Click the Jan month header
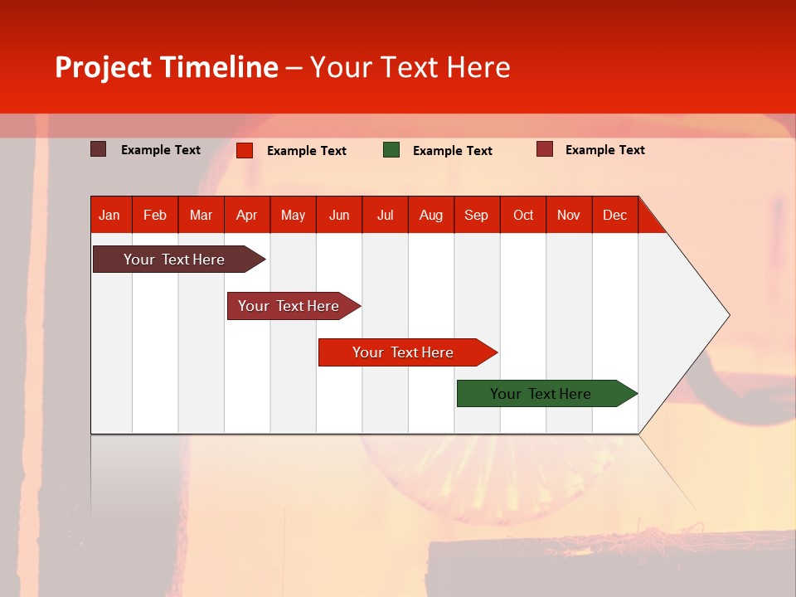click(x=109, y=215)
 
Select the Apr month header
click(x=246, y=215)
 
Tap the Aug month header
click(x=430, y=215)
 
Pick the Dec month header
click(x=614, y=215)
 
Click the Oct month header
click(x=522, y=215)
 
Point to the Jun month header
click(x=338, y=215)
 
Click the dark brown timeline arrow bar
click(x=174, y=260)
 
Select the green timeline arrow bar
click(x=541, y=394)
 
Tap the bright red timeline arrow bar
click(x=403, y=352)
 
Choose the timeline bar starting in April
click(x=289, y=306)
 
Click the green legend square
click(x=391, y=150)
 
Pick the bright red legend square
click(x=245, y=150)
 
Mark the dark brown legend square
click(x=98, y=149)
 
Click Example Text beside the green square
click(x=452, y=151)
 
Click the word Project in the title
click(x=104, y=67)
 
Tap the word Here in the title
click(x=478, y=67)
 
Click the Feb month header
click(x=155, y=215)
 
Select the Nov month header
click(x=568, y=215)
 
